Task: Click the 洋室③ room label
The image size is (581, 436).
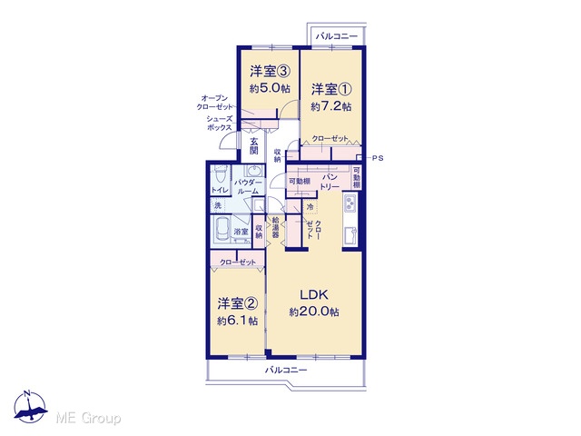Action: (269, 71)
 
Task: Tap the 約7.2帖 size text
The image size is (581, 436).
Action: (330, 107)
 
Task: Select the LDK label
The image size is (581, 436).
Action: (314, 294)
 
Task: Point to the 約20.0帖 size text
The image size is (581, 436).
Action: (314, 312)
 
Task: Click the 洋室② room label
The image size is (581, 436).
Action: (237, 303)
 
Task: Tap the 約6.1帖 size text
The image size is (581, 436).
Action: (237, 321)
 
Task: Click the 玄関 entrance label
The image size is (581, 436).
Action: (254, 145)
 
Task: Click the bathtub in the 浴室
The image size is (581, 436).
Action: (222, 229)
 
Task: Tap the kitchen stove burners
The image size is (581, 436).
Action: (350, 203)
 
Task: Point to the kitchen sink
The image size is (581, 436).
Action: (350, 235)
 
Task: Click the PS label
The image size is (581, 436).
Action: (378, 158)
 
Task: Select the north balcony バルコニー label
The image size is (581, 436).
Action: (337, 36)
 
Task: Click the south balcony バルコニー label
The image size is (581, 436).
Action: (286, 370)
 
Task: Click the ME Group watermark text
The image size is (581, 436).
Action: (88, 418)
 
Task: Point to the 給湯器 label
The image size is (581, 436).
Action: (275, 227)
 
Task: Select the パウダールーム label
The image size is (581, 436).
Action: (248, 187)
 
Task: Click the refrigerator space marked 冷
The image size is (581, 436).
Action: (310, 207)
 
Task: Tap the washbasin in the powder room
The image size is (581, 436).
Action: (254, 172)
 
